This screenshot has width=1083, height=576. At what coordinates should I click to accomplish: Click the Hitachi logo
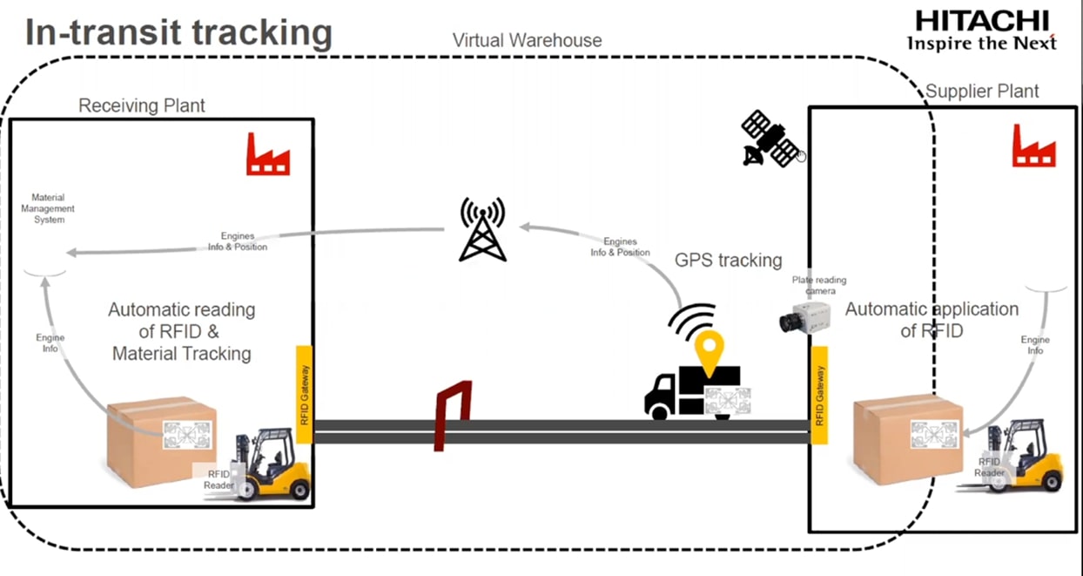981,30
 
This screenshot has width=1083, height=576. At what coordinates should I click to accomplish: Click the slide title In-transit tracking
178,32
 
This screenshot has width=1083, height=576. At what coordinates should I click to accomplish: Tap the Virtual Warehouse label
527,40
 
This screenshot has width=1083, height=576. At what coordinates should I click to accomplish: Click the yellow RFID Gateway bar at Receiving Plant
304,394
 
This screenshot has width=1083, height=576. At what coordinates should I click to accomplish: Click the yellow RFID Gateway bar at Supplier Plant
818,394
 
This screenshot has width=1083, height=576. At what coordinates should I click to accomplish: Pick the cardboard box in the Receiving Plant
161,440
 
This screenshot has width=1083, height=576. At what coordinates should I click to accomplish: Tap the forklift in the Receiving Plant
274,465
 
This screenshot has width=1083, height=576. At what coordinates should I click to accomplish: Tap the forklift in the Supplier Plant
1027,457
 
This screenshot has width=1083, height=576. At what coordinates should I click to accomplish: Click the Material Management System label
48,209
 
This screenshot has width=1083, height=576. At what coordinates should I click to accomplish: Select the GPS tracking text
728,260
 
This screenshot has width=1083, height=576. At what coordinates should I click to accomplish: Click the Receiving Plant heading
142,106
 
